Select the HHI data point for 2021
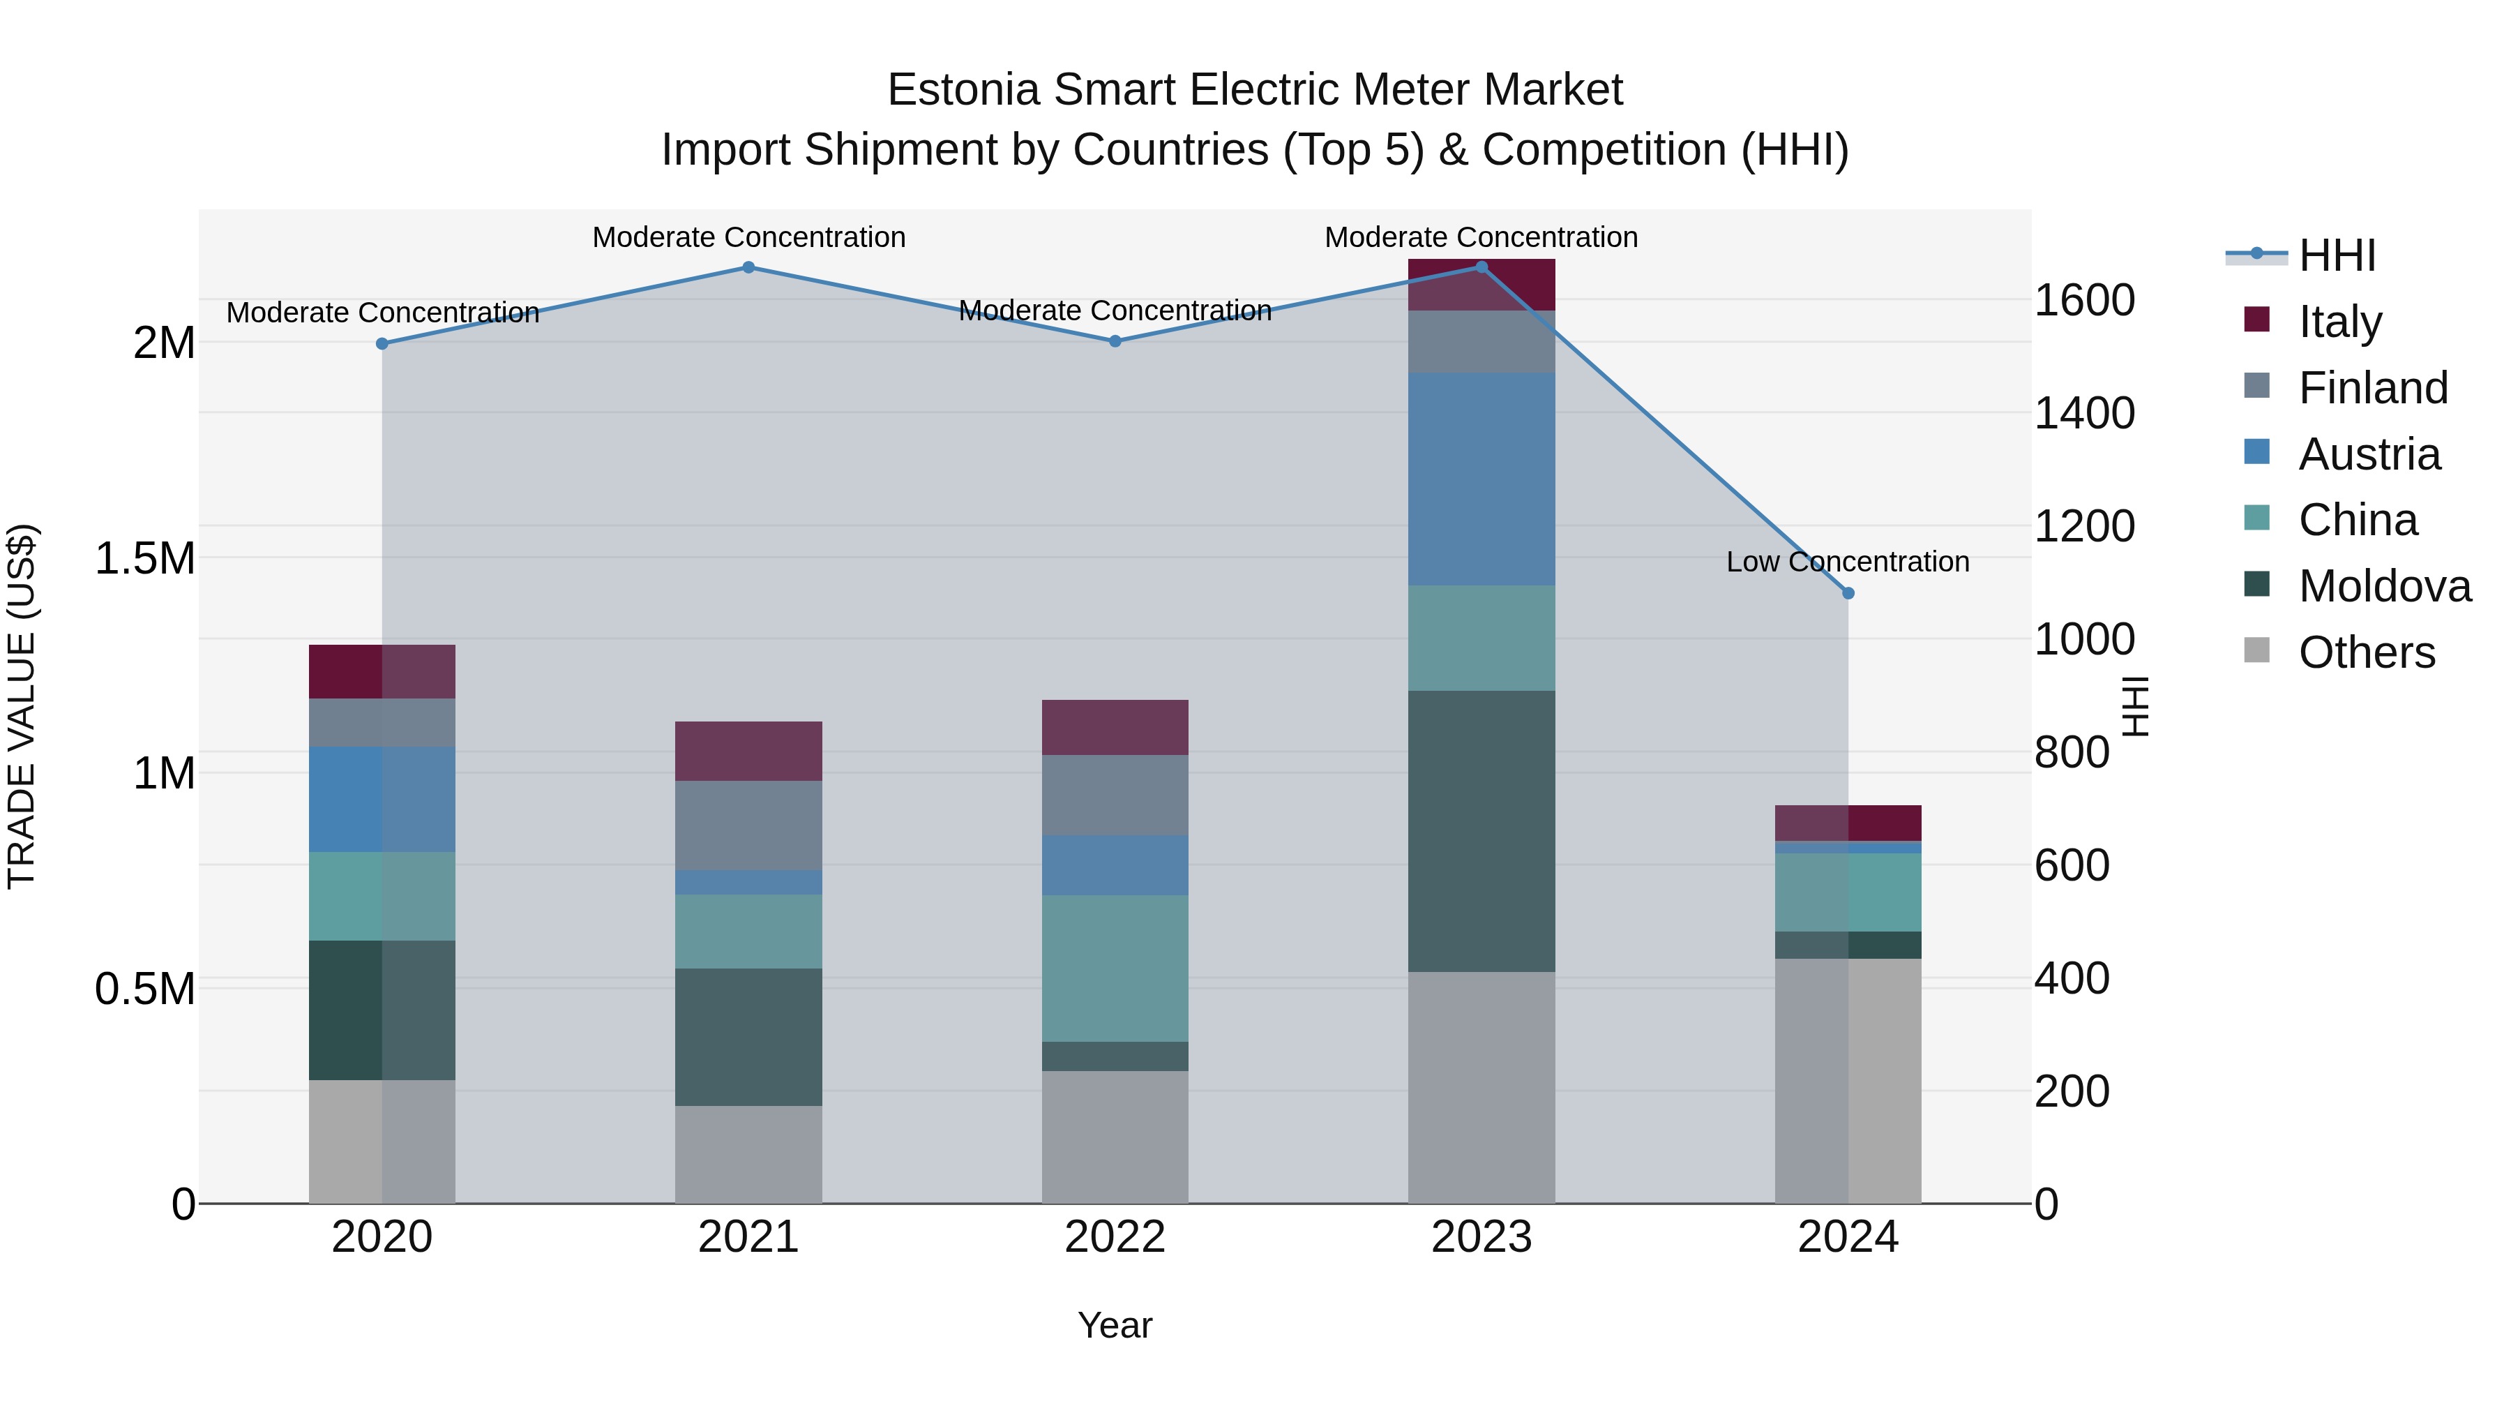[748, 267]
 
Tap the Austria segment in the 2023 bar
[1481, 479]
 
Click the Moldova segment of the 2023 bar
[1481, 831]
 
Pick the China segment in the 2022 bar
[1115, 969]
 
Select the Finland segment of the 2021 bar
[748, 825]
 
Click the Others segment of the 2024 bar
[1848, 1080]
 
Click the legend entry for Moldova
[2383, 586]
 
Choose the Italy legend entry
[2339, 322]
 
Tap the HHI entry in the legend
[2337, 255]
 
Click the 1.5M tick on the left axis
[145, 559]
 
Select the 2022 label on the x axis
[1115, 1237]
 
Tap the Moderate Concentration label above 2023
[1481, 237]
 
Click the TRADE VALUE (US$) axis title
[22, 706]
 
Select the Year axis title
[1115, 1325]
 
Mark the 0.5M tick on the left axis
[145, 989]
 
